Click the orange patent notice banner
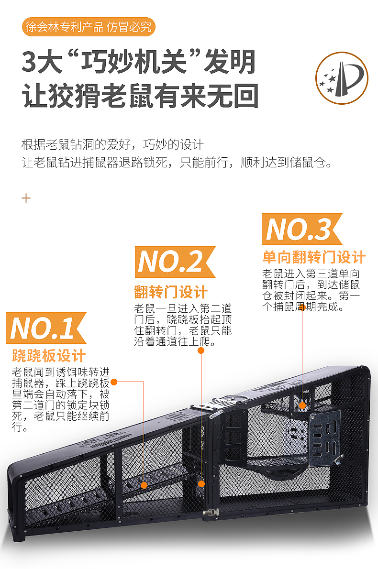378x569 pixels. point(89,27)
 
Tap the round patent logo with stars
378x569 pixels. point(341,78)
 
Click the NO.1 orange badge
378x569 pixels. point(46,328)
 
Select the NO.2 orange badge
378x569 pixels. point(175,262)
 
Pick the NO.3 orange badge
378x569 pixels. point(302,229)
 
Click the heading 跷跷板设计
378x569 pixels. point(49,356)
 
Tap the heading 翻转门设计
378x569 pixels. point(171,292)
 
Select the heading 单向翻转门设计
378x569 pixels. point(314,257)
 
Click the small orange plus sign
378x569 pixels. point(26,198)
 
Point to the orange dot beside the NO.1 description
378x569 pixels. point(114,382)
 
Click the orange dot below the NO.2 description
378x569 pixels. point(201,350)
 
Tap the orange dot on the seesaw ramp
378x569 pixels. point(144,485)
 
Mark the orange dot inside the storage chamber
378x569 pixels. point(302,405)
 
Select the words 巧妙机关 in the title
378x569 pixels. point(133,62)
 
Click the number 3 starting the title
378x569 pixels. point(29,62)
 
